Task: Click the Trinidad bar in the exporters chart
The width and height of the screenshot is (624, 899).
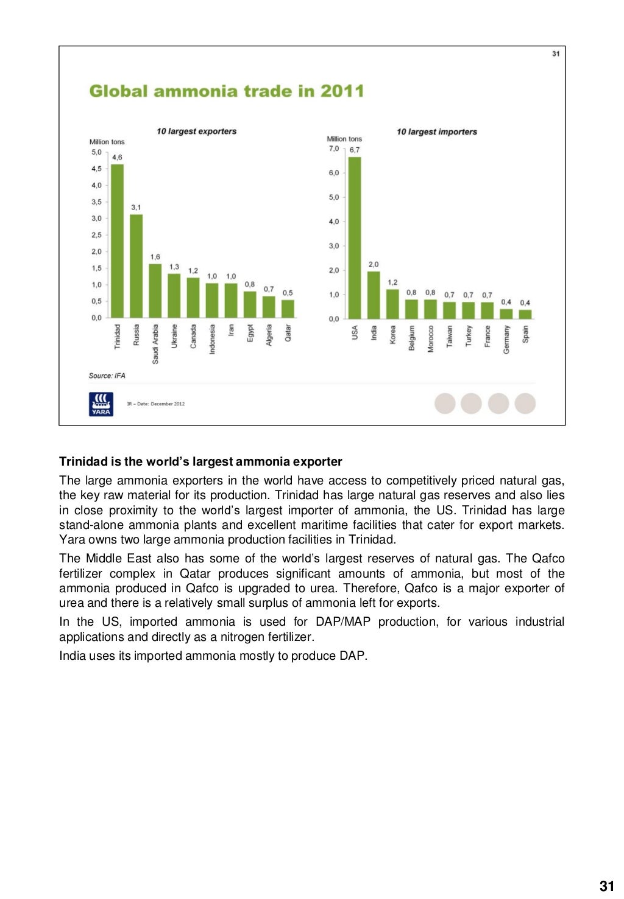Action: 117,241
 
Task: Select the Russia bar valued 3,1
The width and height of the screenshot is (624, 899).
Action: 136,266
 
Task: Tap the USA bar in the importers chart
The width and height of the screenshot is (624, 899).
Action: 354,238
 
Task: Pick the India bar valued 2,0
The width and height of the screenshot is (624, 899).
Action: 373,295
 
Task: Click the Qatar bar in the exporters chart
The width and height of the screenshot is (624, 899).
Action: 288,309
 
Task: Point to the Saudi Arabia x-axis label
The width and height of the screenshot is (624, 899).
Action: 155,344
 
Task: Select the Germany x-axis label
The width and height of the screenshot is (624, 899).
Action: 506,340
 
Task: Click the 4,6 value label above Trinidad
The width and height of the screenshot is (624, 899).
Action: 117,157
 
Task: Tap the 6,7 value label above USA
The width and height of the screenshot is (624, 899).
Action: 354,150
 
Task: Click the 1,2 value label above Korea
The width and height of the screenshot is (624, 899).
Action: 392,282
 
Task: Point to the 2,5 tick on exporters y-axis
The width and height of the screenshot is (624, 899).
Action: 96,235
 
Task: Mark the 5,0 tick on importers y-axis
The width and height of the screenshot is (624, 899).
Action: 333,197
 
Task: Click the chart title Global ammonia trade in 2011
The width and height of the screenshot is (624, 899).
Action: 226,91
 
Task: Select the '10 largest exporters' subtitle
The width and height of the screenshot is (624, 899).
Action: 196,131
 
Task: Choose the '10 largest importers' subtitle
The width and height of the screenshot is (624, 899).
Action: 436,131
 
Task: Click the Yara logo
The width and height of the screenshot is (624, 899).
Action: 101,404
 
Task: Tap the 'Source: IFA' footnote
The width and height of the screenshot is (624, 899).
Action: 107,376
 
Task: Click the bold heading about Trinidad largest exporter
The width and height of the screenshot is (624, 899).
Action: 200,461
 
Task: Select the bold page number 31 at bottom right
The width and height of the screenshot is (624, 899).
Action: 606,886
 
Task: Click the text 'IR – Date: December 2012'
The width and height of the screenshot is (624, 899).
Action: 155,404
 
